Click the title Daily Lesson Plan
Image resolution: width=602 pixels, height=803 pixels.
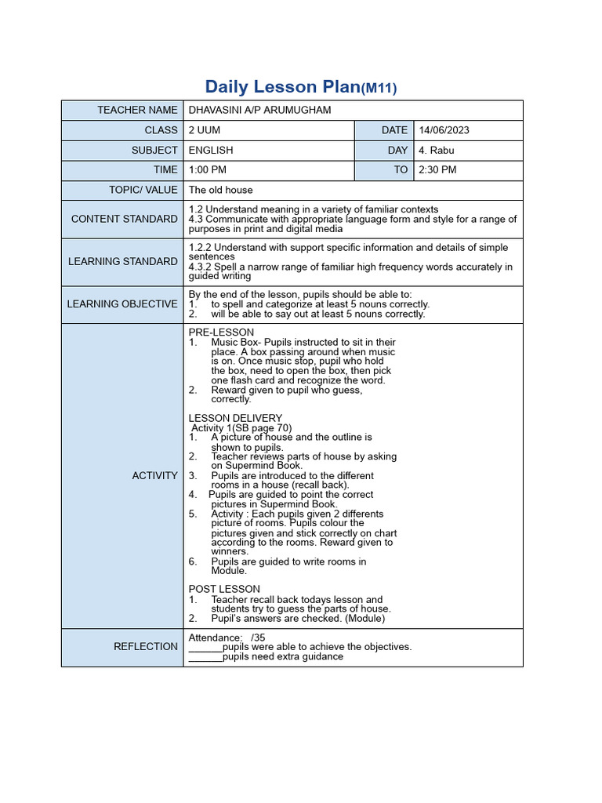point(282,87)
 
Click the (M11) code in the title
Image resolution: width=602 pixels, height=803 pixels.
point(379,89)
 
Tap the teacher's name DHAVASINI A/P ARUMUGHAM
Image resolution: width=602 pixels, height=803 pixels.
point(259,110)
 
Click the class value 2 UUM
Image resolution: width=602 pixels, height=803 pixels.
point(205,130)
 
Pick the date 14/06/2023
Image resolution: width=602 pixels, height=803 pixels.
point(444,130)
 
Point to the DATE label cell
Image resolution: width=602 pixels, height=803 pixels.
point(394,130)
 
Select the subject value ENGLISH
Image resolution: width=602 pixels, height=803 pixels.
point(211,150)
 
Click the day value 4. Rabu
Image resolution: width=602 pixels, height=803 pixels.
point(437,150)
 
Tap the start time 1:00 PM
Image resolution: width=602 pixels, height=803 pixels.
point(208,169)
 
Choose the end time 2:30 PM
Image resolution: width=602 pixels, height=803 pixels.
point(437,169)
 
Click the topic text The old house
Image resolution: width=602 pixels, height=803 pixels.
point(220,190)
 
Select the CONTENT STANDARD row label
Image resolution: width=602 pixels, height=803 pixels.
point(124,219)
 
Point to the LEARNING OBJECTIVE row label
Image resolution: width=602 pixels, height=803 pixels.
point(122,303)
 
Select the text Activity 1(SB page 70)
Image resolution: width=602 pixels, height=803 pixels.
point(241,427)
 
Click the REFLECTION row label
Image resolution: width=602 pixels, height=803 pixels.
point(146,646)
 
